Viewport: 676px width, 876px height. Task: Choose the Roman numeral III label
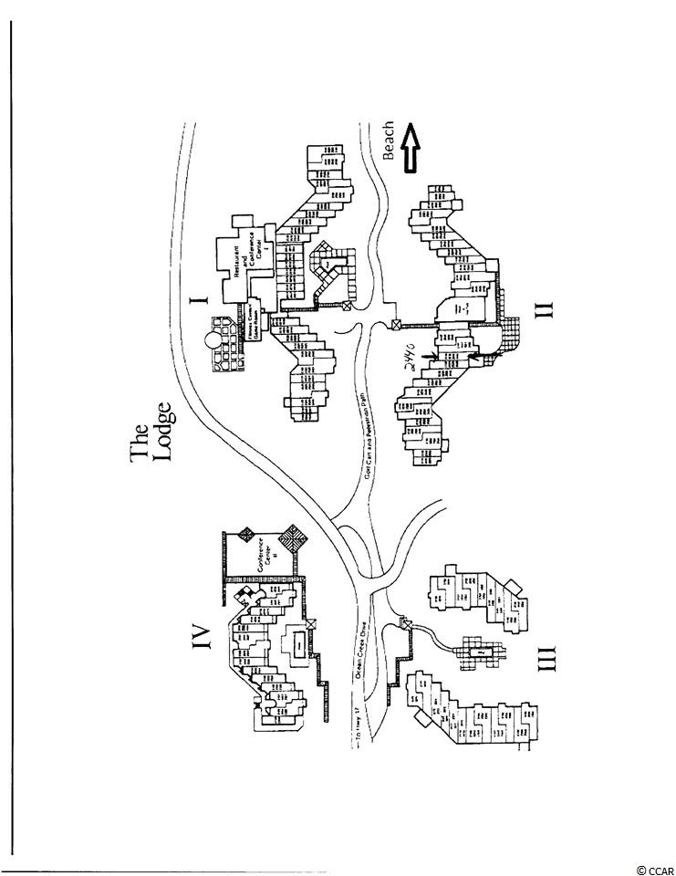(545, 653)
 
